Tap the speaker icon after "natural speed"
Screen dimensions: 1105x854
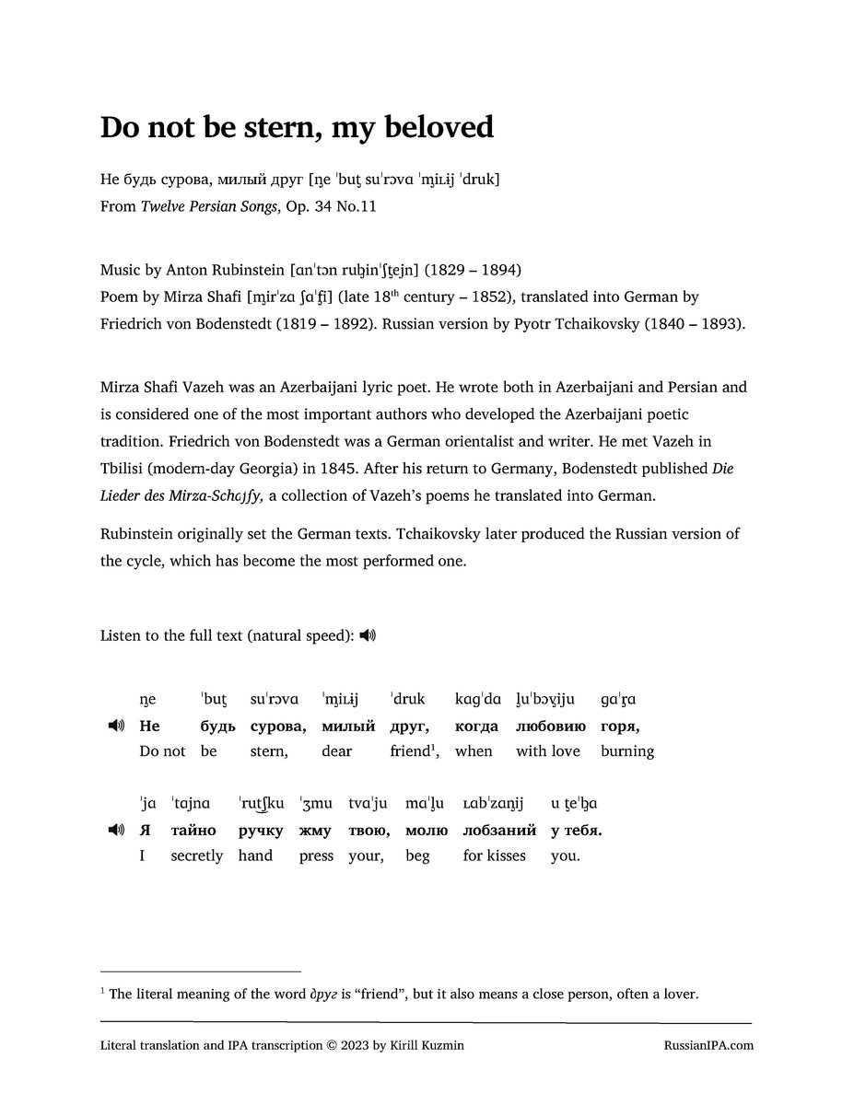point(368,635)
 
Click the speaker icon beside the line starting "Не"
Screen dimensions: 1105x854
point(116,726)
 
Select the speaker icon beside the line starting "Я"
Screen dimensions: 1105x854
point(116,830)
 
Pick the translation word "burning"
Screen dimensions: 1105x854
point(627,751)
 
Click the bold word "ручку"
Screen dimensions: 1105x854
point(261,830)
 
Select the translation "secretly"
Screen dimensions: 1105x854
point(197,855)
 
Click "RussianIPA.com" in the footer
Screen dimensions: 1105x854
point(708,1045)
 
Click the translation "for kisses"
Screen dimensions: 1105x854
point(495,855)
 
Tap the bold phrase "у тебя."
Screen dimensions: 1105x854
point(577,830)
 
